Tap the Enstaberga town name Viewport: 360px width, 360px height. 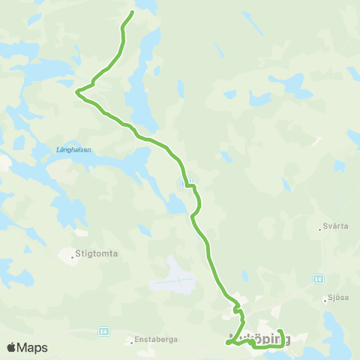tap(157, 340)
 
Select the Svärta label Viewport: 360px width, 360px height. tap(334, 226)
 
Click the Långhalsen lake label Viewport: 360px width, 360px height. tap(73, 149)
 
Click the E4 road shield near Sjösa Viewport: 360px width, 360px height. tap(318, 278)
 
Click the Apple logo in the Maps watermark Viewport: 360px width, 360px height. tap(11, 347)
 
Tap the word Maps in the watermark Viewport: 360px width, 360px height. tap(33, 347)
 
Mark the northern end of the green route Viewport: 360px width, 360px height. tap(133, 12)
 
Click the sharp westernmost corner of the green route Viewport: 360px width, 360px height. tap(77, 91)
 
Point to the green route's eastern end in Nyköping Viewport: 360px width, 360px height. tap(279, 331)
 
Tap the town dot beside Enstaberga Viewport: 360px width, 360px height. tap(132, 342)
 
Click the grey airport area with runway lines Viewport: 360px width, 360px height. tap(175, 277)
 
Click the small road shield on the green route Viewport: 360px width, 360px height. tap(187, 181)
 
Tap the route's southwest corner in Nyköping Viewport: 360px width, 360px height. tap(226, 343)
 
